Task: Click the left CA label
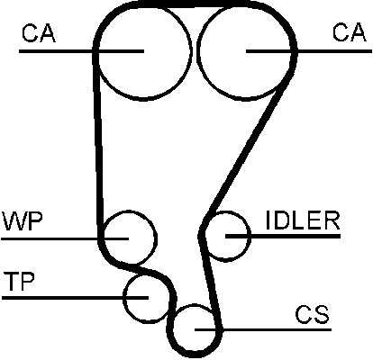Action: point(39,33)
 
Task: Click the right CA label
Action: point(350,32)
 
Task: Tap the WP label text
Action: point(23,221)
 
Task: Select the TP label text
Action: point(20,281)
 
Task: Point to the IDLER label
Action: point(303,220)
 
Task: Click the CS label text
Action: point(312,314)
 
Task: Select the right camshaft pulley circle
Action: point(196,51)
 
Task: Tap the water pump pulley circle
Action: point(157,238)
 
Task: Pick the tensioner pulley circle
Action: point(123,298)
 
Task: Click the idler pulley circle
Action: point(250,237)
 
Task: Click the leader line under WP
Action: point(65,238)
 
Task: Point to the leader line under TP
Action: point(75,298)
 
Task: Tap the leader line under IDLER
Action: point(283,237)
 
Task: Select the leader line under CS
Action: point(263,329)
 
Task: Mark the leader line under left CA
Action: point(82,51)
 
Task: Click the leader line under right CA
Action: point(309,51)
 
